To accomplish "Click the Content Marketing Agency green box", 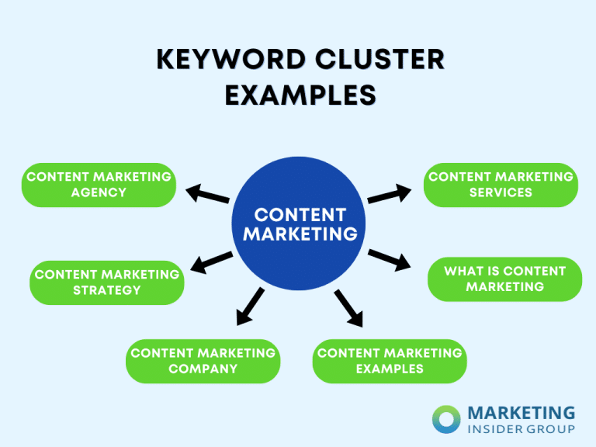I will click(99, 185).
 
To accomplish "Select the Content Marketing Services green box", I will click(501, 185).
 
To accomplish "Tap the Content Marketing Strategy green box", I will click(106, 282).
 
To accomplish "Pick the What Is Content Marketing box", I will click(504, 279).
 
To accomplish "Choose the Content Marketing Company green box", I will click(203, 361).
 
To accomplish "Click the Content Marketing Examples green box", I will click(390, 361).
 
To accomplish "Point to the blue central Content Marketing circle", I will click(300, 223).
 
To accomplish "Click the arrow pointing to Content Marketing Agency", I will click(208, 194).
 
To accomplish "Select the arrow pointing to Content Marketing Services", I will click(390, 194).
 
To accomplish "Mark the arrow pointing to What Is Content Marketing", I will click(389, 260).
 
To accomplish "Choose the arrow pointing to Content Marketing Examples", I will click(349, 307).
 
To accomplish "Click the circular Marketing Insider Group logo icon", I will click(447, 419).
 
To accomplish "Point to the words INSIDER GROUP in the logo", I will click(521, 428).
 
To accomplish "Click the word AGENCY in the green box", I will click(99, 192).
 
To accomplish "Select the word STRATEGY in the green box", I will click(106, 290).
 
